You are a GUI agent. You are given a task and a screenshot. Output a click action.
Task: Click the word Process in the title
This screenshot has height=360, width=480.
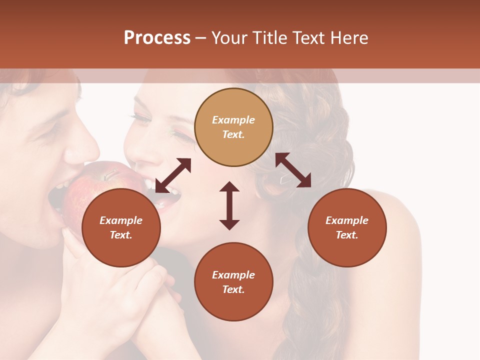click(x=157, y=38)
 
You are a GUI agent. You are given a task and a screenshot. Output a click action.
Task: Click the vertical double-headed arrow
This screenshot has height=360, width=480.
click(x=229, y=205)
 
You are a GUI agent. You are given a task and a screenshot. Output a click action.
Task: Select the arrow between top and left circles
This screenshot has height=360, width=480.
click(x=173, y=175)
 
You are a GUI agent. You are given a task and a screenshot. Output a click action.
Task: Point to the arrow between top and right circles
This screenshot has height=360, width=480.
click(x=293, y=170)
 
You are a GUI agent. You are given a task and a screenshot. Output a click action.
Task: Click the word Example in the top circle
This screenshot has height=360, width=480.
click(x=233, y=120)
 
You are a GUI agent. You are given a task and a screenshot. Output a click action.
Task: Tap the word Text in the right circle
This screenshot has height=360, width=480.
click(x=347, y=235)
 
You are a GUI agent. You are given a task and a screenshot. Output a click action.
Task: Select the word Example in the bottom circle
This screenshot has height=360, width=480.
click(x=233, y=275)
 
